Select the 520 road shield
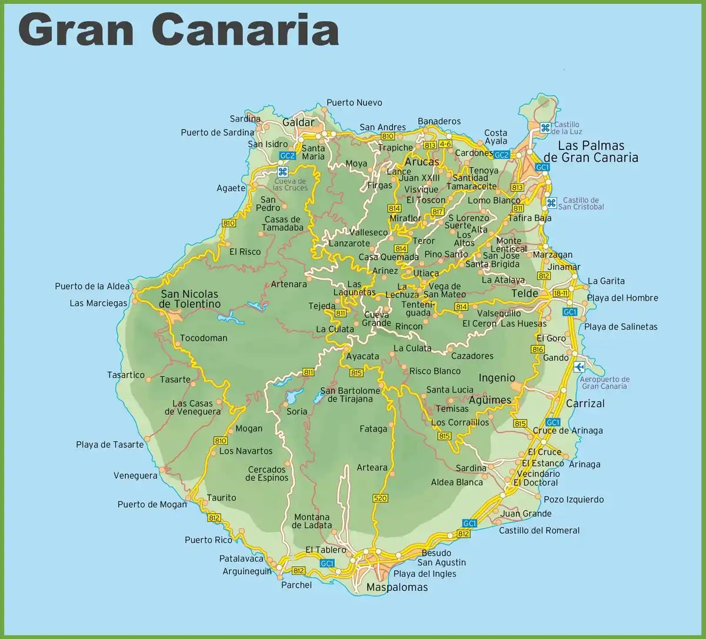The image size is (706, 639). [380, 498]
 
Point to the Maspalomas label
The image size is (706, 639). [397, 587]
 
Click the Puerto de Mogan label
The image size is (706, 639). [152, 504]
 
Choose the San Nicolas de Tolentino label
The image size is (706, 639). [189, 299]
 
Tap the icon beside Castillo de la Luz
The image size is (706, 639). [545, 127]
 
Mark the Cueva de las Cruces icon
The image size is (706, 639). [282, 171]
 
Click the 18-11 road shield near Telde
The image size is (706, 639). [561, 293]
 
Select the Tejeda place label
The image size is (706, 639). [322, 306]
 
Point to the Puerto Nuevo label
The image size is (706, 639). [354, 103]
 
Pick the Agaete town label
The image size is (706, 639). [231, 188]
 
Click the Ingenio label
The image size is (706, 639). [497, 378]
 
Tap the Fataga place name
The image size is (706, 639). [373, 429]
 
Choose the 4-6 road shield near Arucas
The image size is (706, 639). [445, 144]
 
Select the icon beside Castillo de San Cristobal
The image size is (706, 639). [551, 203]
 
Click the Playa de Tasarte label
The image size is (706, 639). [109, 445]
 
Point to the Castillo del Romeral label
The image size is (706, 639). [539, 530]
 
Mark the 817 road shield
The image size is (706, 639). [438, 212]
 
